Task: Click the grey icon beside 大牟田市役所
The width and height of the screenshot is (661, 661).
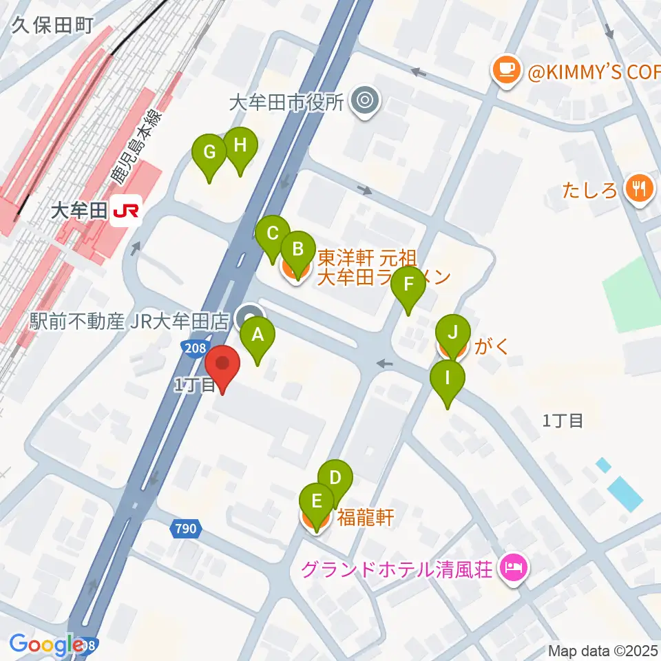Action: [x=365, y=103]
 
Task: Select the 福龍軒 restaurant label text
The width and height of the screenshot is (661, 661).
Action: [x=366, y=517]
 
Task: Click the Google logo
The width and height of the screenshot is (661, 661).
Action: [x=46, y=644]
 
